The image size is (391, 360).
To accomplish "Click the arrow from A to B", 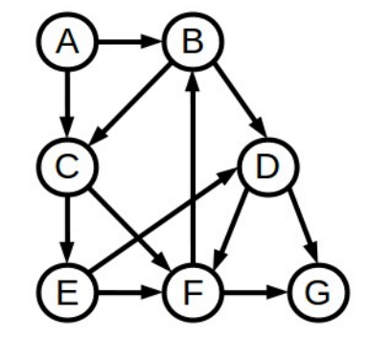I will click(129, 43).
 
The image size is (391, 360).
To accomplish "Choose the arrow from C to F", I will click(129, 227).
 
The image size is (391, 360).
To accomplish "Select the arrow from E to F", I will click(129, 289).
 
